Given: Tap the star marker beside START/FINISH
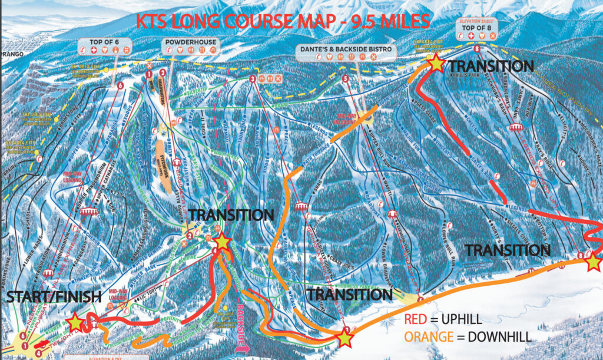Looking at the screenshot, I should pyautogui.click(x=75, y=322).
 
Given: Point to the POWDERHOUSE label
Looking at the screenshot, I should pyautogui.click(x=190, y=42).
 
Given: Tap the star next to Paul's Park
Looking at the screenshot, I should pyautogui.click(x=436, y=64).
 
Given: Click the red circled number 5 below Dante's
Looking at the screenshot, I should pyautogui.click(x=345, y=78).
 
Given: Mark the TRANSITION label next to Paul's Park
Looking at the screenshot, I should pyautogui.click(x=491, y=66).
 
